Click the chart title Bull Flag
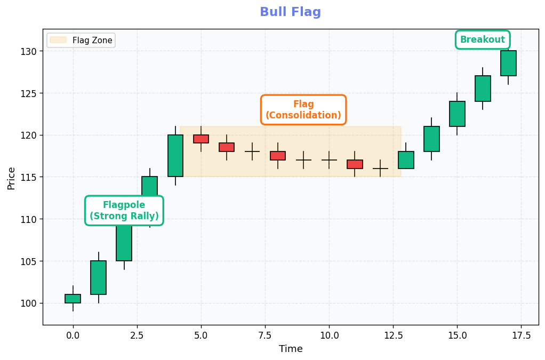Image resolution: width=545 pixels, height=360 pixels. coord(290,12)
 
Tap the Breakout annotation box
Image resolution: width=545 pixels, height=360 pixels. coord(482,40)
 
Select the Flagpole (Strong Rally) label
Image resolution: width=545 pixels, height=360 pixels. coord(124,211)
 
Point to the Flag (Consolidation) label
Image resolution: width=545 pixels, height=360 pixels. coord(303,110)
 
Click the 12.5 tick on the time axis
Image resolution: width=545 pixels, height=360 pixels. coord(393,335)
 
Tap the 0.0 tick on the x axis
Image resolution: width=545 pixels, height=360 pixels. coord(73,335)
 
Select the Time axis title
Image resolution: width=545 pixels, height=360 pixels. coord(291,349)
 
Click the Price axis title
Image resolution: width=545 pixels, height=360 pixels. coord(11,178)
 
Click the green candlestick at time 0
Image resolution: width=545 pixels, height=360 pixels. coord(73,299)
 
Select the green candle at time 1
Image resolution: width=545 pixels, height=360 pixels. coord(99,277)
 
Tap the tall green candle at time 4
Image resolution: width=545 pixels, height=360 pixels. coord(175,155)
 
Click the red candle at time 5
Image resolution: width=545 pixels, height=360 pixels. coord(201,139)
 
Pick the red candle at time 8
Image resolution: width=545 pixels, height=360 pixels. coord(278,156)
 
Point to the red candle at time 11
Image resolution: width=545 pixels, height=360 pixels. coord(355,164)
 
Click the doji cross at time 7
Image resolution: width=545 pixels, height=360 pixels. coord(252,151)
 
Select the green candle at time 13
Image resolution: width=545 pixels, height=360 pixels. coord(406,160)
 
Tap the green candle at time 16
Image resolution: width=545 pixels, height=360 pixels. coord(483,89)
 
